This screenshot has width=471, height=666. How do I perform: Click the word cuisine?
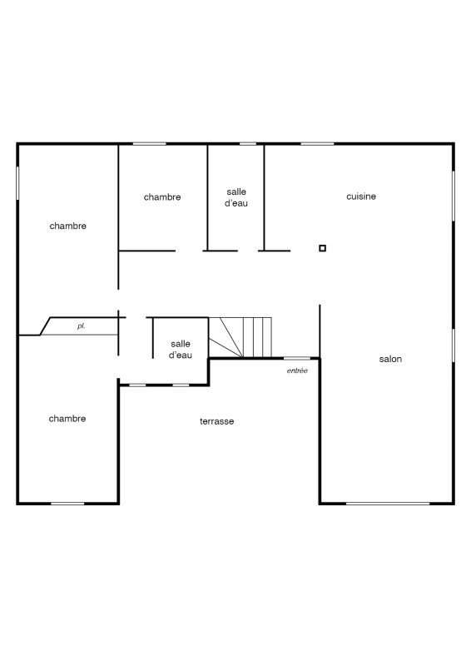pos(361,196)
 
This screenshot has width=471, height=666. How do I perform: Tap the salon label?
pos(390,359)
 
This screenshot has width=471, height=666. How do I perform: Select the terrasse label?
pos(216,421)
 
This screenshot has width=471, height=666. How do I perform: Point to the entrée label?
pos(297,370)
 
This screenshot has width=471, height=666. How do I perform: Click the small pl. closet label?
pos(81,326)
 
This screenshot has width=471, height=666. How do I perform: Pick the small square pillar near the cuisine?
pos(322,248)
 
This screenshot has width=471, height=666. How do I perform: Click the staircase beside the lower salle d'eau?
pos(240,337)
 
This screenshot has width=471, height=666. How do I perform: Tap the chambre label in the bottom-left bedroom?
pos(67,419)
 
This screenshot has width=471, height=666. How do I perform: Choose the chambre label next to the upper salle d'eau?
pos(162,196)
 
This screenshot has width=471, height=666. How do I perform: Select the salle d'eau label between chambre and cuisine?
pos(236,197)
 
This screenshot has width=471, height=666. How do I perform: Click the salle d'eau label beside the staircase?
pos(181,349)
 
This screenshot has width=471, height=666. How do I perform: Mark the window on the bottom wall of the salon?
pos(388,504)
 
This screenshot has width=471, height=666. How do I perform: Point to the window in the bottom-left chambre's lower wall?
pos(67,504)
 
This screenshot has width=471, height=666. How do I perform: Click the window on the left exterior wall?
pos(17,182)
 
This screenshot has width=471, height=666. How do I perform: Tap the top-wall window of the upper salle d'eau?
pos(248,143)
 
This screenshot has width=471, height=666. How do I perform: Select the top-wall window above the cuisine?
pos(317,143)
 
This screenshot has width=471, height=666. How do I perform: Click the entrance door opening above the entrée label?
pos(297,359)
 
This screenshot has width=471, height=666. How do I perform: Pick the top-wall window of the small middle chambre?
pos(149,143)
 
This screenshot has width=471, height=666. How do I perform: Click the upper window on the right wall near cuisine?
pos(454,196)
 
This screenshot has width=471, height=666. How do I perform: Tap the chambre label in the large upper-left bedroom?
pos(68,226)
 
